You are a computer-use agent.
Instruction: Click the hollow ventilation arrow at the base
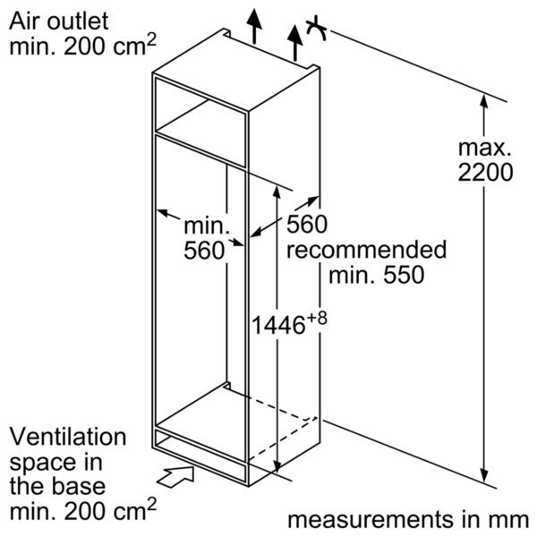pyautogui.click(x=176, y=476)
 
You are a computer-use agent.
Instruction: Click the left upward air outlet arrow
pyautogui.click(x=254, y=26)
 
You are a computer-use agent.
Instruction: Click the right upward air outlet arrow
pyautogui.click(x=294, y=43)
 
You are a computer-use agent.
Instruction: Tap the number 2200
pyautogui.click(x=485, y=172)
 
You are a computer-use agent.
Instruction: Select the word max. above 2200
pyautogui.click(x=484, y=148)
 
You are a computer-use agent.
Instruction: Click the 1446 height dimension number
pyautogui.click(x=278, y=325)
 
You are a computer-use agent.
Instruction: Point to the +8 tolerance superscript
pyautogui.click(x=317, y=318)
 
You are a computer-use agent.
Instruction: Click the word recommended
pyautogui.click(x=366, y=250)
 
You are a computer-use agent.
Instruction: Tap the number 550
pyautogui.click(x=404, y=275)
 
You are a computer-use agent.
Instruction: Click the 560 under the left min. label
pyautogui.click(x=204, y=251)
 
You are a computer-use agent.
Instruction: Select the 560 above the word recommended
pyautogui.click(x=307, y=225)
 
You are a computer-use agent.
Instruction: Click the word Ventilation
pyautogui.click(x=68, y=437)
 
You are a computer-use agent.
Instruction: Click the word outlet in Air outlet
pyautogui.click(x=78, y=21)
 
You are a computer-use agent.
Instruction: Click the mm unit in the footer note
pyautogui.click(x=512, y=521)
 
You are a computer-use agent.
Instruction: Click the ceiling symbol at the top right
pyautogui.click(x=316, y=30)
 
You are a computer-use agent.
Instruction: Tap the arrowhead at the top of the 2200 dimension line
pyautogui.click(x=483, y=101)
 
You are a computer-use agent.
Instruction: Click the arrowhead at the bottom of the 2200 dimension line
pyautogui.click(x=483, y=475)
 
